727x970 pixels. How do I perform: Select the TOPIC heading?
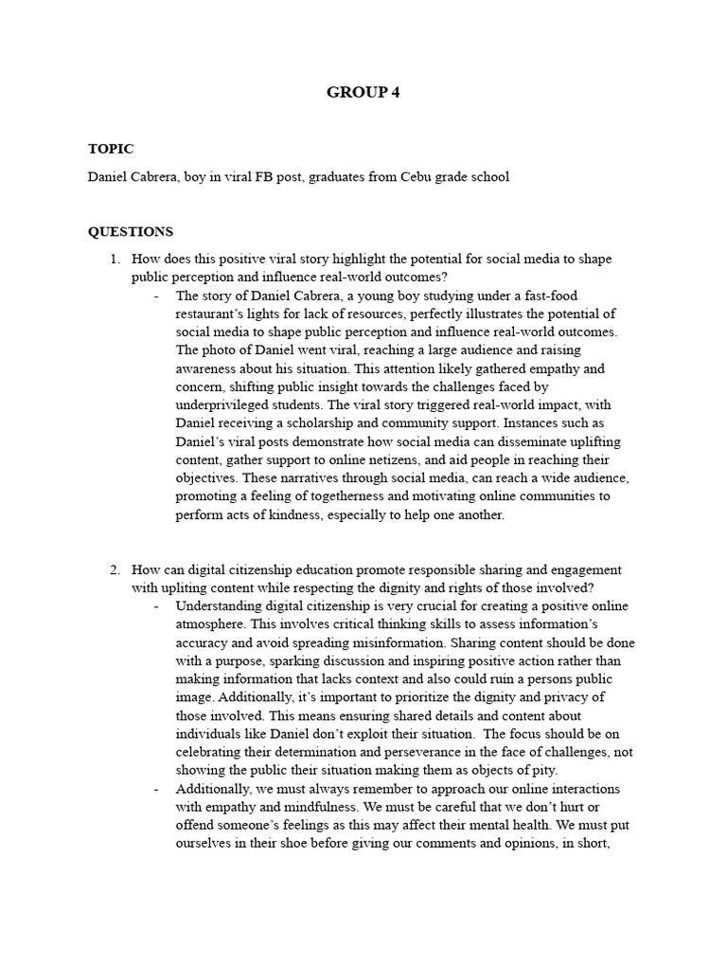pyautogui.click(x=111, y=149)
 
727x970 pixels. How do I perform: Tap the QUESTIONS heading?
pyautogui.click(x=131, y=231)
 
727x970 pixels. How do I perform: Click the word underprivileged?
pyautogui.click(x=223, y=405)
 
